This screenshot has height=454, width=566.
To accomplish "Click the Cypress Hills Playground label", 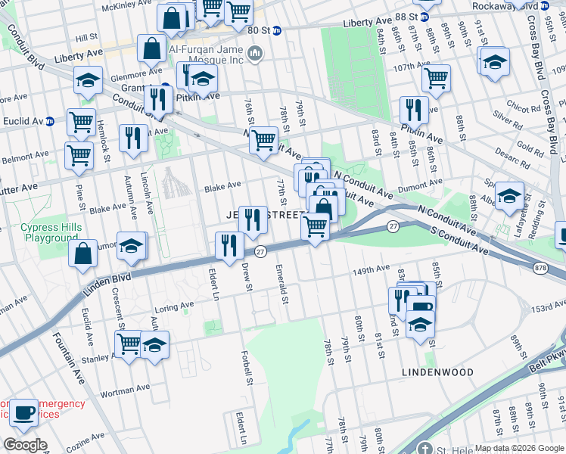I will tap(49, 232).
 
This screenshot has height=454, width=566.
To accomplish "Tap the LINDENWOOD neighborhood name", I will tap(437, 372).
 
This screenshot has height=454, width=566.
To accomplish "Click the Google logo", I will tap(25, 445).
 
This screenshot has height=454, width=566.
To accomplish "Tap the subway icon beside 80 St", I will tap(277, 31).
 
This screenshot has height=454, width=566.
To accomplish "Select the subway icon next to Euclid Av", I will tap(50, 120).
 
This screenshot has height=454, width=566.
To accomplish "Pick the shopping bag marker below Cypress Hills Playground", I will tap(82, 253).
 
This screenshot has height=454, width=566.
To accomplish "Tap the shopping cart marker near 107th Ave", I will tap(436, 76).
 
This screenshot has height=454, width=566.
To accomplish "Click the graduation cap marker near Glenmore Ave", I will tap(88, 80).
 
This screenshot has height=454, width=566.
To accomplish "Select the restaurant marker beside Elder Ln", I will tap(227, 245).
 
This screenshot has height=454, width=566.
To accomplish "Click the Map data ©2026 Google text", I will tap(518, 448).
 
